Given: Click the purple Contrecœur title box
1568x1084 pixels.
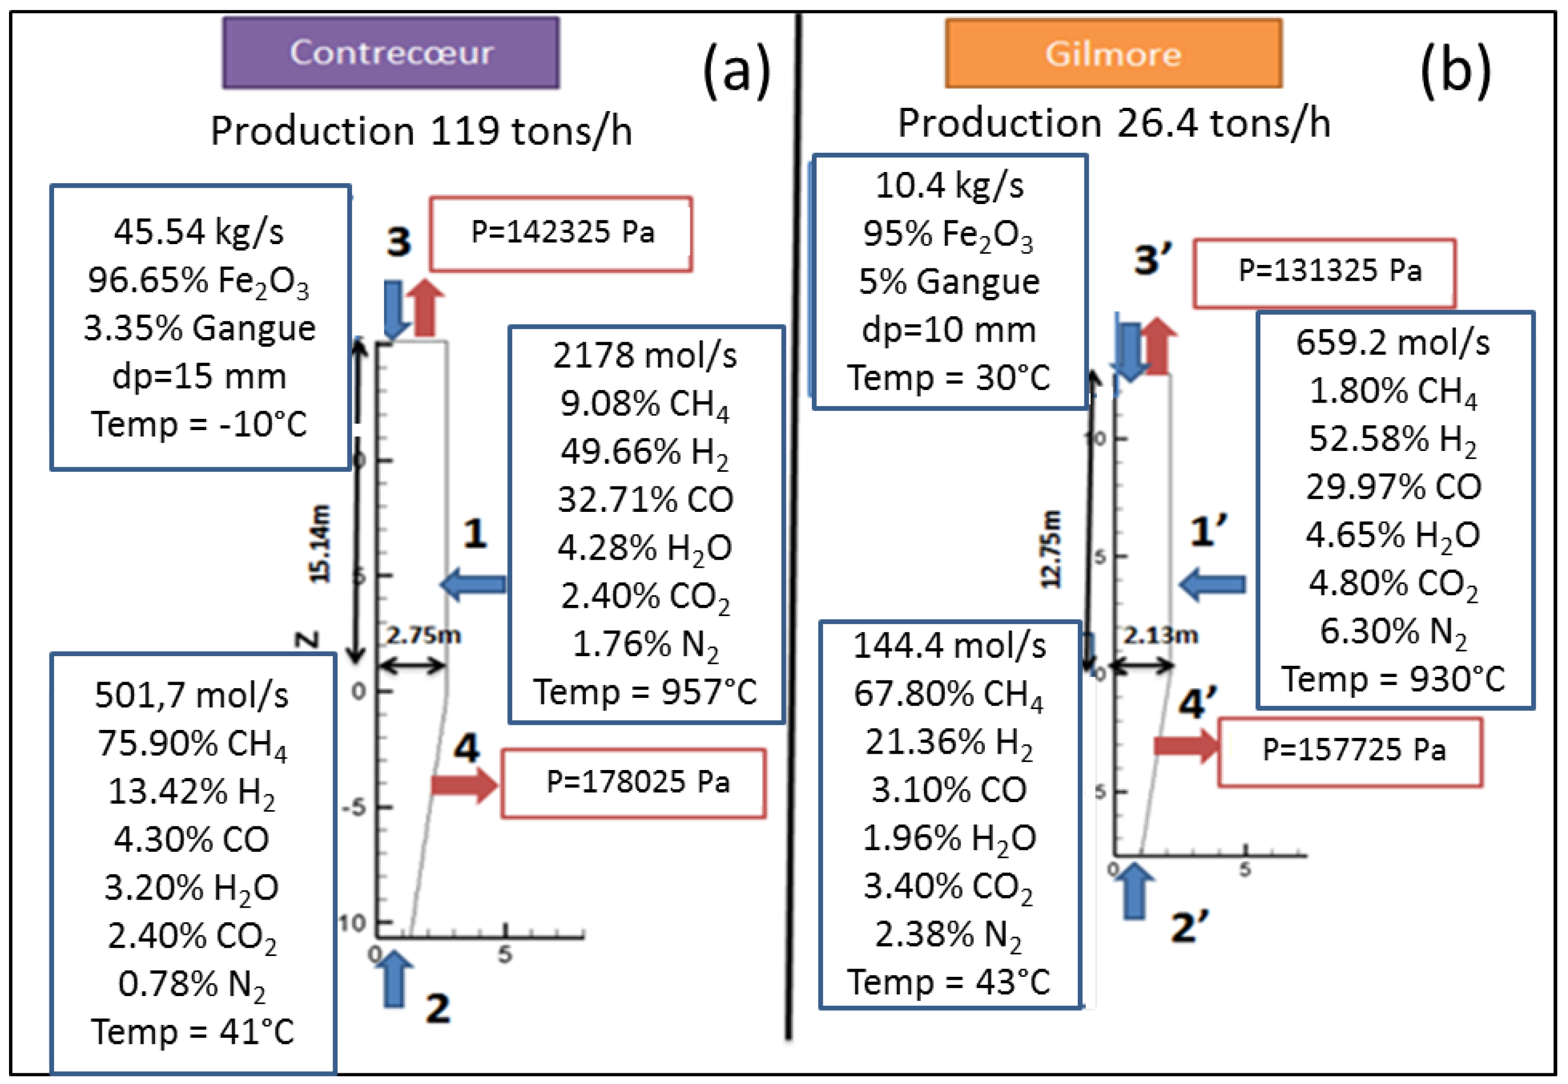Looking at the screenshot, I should (391, 53).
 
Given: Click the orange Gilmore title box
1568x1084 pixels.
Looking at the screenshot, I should (1113, 54).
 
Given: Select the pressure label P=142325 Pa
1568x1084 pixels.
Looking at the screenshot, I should (561, 233).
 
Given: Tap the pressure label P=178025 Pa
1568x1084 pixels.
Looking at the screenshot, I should (634, 782).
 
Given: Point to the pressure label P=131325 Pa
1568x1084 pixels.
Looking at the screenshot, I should (1323, 272).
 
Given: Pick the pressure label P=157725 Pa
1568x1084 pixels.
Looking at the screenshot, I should (1349, 750).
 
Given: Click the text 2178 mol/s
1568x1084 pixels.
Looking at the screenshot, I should (645, 355).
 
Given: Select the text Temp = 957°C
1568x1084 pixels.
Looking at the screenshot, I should (645, 692).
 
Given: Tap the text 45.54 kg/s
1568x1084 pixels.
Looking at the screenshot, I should (199, 232).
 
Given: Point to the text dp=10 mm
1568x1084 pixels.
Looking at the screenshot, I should (949, 330).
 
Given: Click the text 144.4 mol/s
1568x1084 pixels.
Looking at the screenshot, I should (949, 645).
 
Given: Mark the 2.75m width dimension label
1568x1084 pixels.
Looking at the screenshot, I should (424, 636).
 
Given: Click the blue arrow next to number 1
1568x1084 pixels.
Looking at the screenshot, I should (473, 584).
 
